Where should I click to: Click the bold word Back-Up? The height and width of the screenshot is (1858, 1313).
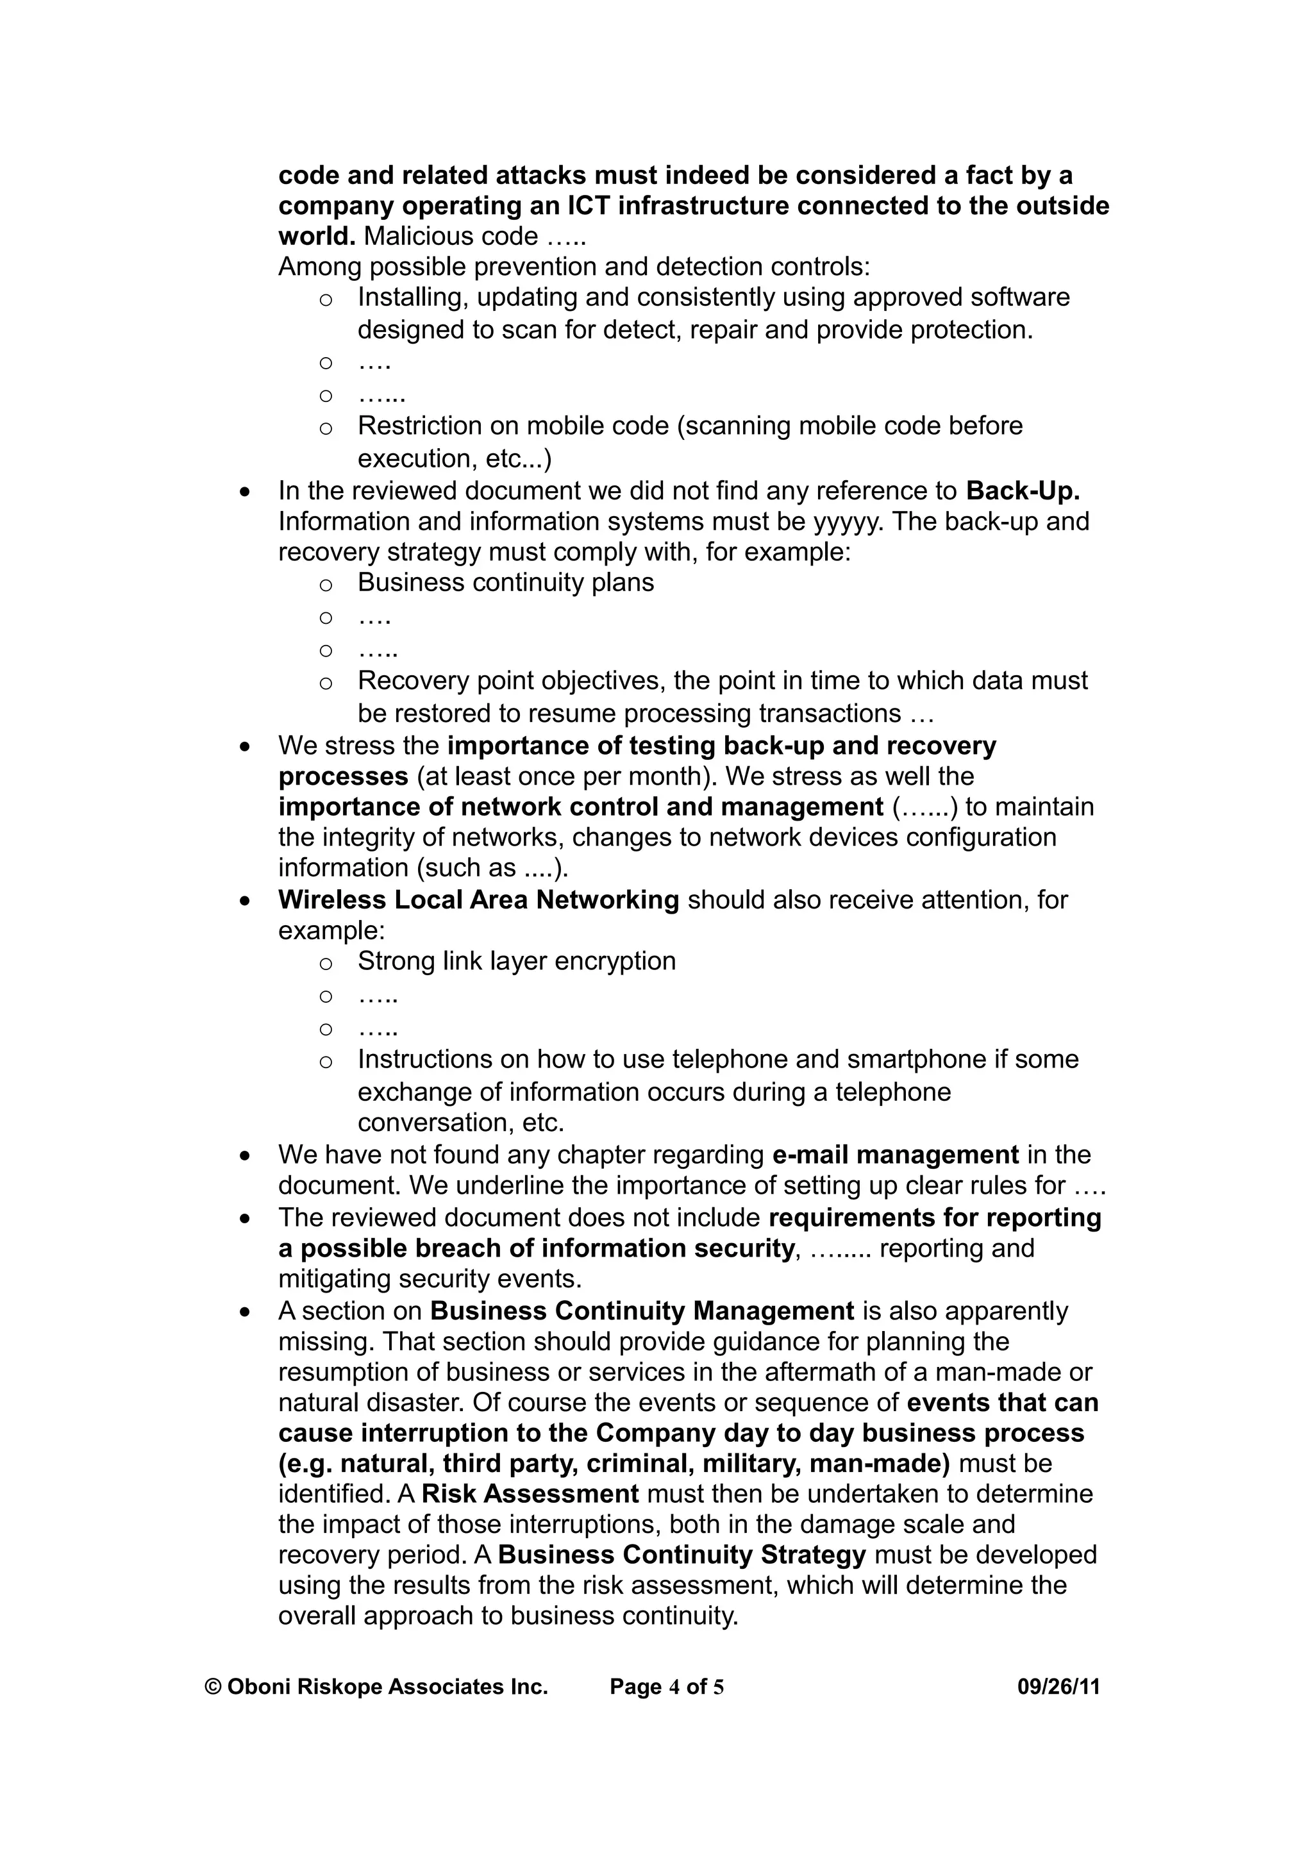pos(1023,490)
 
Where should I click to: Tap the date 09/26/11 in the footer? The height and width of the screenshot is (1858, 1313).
pos(1058,1686)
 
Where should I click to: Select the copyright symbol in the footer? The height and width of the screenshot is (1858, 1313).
pos(213,1686)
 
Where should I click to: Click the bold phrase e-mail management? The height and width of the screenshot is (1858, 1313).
pos(895,1154)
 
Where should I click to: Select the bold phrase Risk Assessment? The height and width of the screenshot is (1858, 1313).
pos(530,1493)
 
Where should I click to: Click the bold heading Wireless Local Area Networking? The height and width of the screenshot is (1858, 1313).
pos(478,900)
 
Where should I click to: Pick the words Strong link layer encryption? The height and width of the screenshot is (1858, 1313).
pos(516,960)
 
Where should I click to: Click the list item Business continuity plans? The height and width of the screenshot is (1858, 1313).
pos(506,582)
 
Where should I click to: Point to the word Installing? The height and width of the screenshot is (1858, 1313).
pos(413,297)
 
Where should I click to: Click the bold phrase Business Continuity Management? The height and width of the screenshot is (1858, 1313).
pos(642,1311)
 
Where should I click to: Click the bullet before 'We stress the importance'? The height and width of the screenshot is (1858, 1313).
pos(245,747)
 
